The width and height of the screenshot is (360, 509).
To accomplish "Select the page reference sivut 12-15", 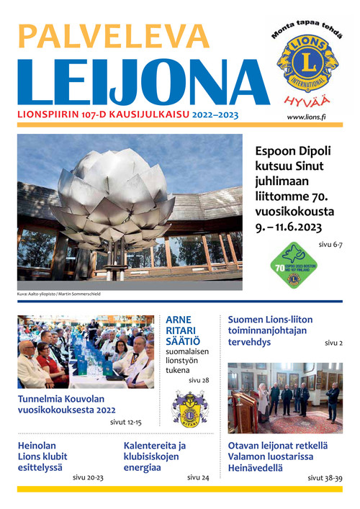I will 126,423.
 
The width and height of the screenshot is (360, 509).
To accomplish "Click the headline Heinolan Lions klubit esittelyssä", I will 42,456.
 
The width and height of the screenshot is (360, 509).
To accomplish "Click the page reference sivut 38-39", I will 325,477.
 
